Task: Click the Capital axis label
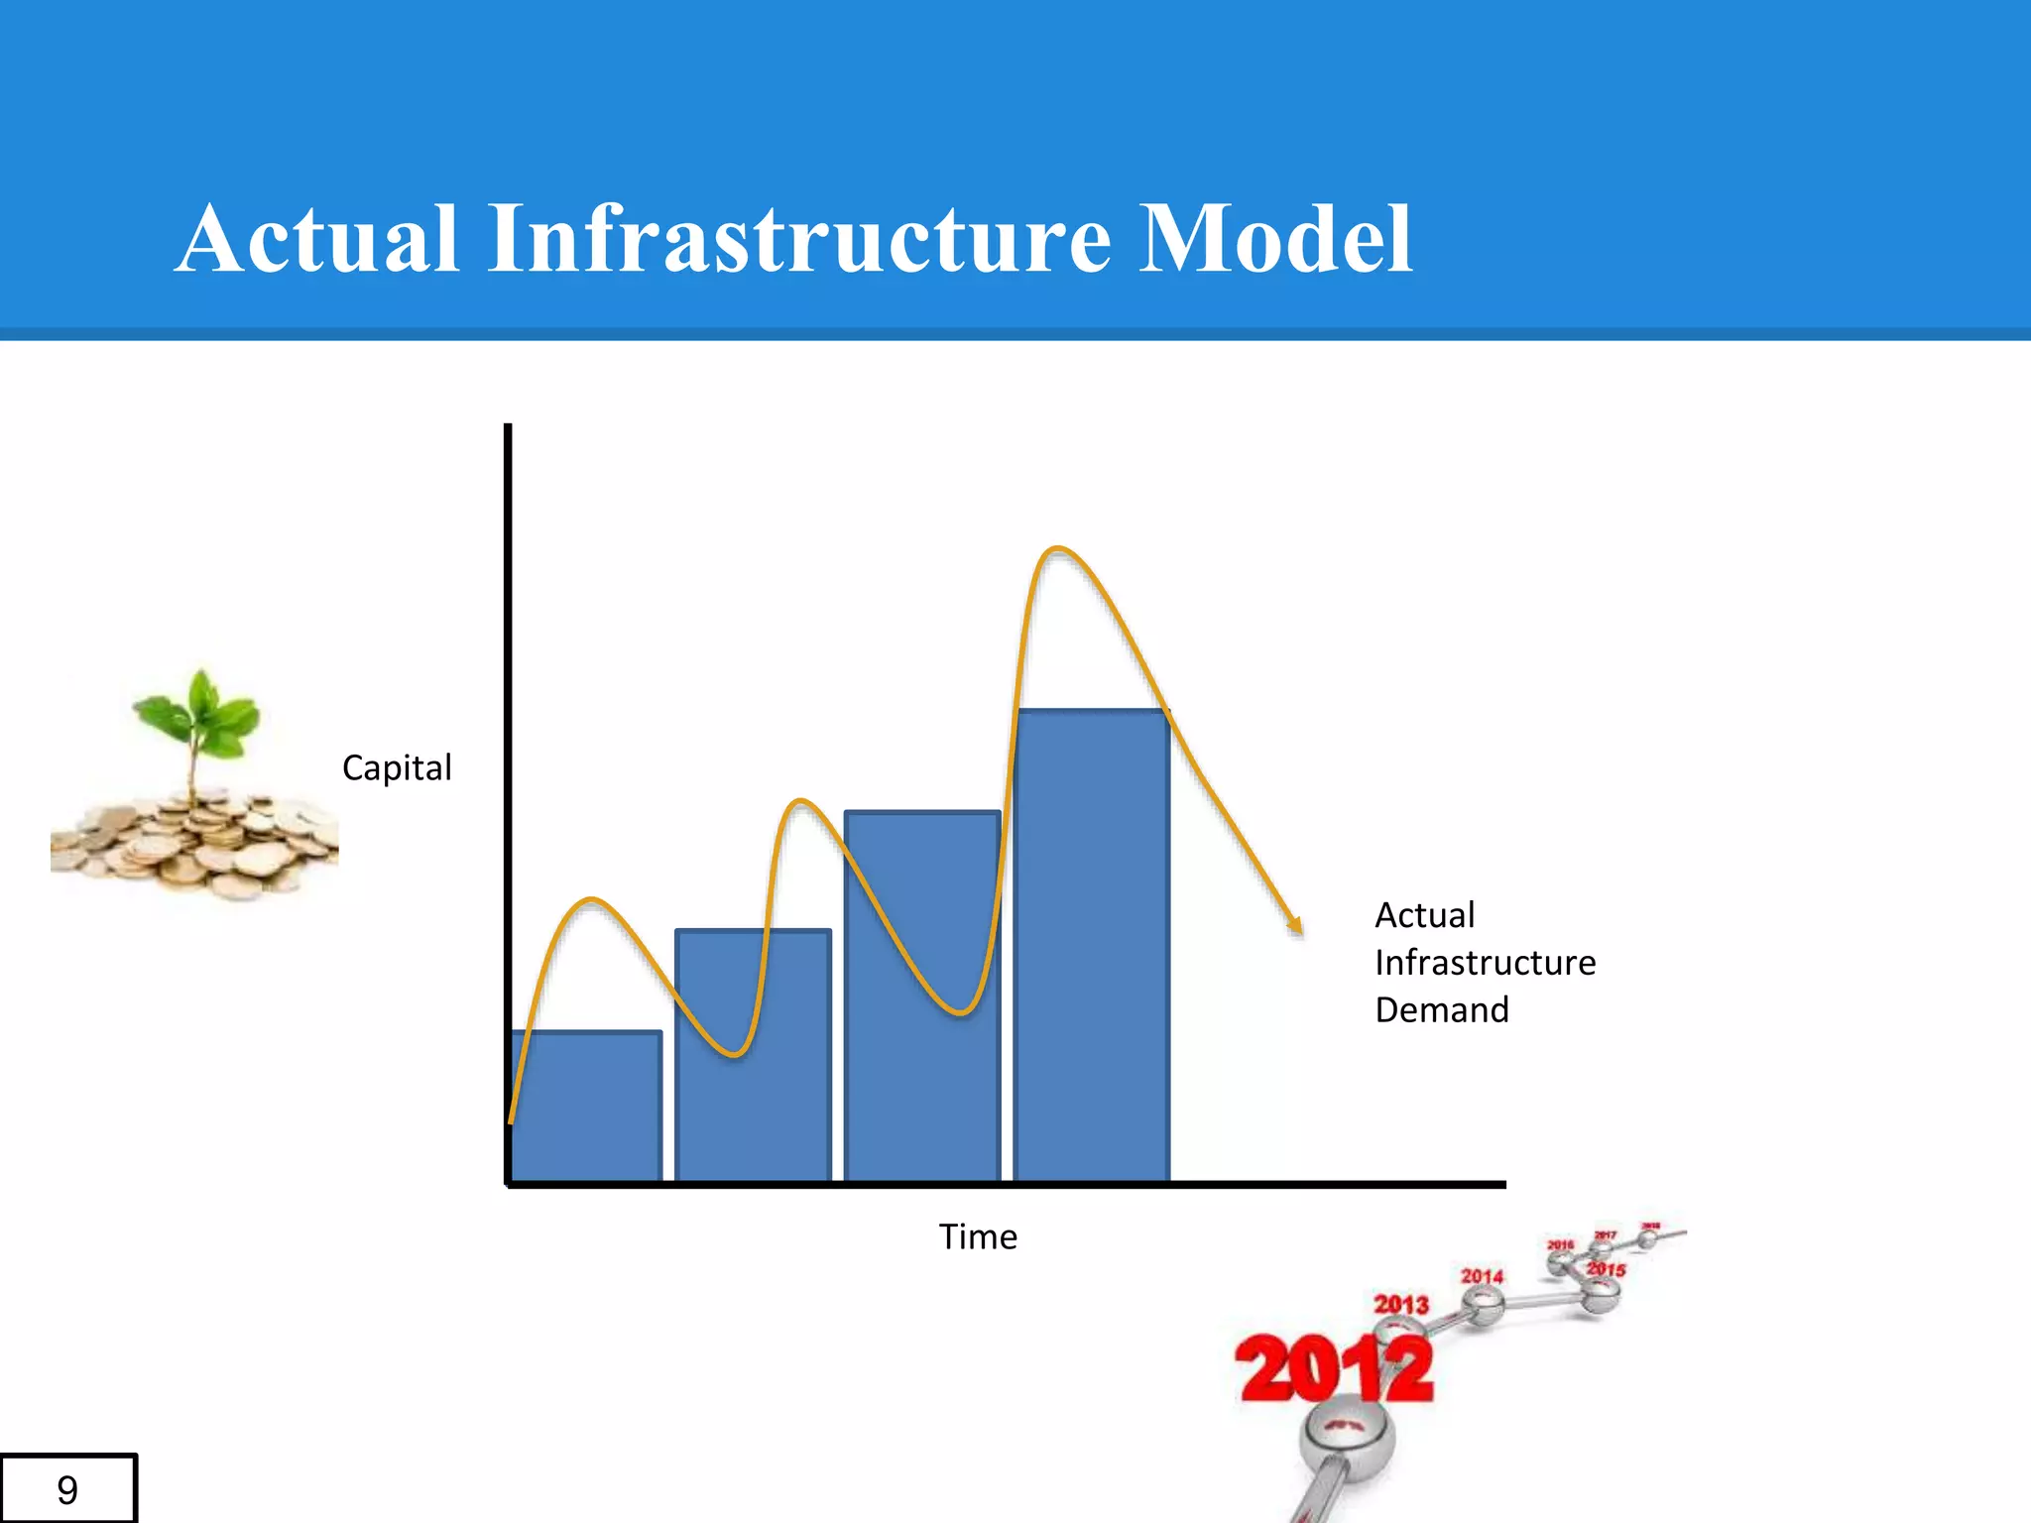point(397,767)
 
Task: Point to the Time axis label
point(978,1237)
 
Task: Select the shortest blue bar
point(586,1111)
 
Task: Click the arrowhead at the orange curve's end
point(1295,926)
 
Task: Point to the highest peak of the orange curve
point(1058,548)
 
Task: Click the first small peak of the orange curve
point(592,900)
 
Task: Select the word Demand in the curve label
point(1442,1010)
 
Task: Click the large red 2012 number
point(1334,1370)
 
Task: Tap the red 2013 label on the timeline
point(1400,1304)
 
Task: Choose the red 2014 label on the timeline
point(1482,1276)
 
